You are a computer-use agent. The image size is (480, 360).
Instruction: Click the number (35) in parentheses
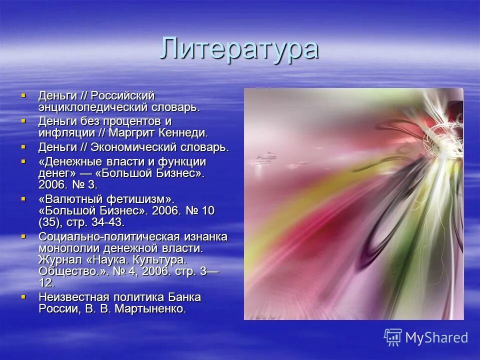click(x=50, y=222)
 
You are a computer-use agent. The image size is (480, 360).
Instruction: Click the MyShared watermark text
click(x=436, y=337)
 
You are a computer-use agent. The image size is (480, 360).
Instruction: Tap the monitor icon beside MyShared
click(x=393, y=337)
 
